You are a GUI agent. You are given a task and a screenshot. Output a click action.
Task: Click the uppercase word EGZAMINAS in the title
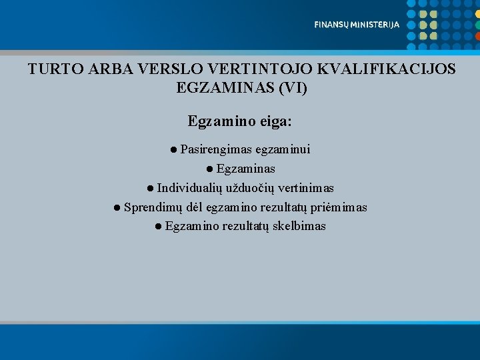coord(221,87)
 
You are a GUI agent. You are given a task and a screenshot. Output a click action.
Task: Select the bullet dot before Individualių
coord(151,188)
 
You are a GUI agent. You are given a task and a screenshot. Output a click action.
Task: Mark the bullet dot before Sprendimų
coord(117,207)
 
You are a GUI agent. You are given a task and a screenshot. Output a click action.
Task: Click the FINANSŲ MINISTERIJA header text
coord(357,25)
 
